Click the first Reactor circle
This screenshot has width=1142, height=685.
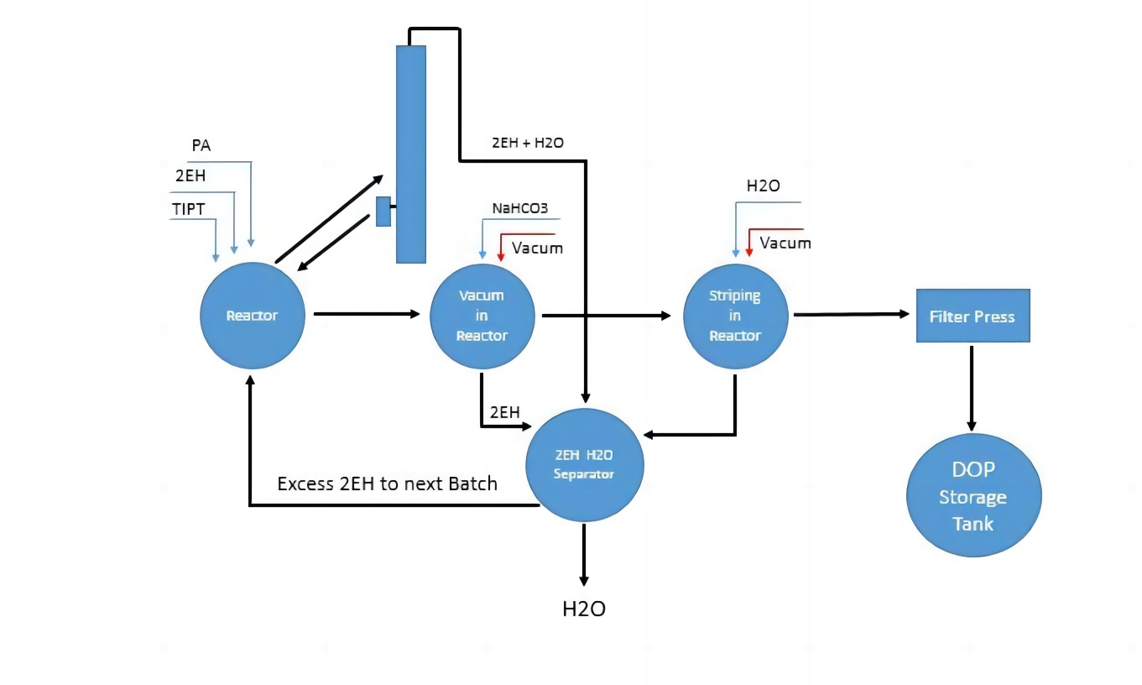[x=251, y=316]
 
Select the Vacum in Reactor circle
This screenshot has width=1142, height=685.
[x=482, y=316]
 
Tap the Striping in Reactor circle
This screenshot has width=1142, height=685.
[x=735, y=316]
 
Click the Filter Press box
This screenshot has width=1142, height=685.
[x=972, y=316]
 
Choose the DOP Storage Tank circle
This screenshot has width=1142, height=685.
[x=973, y=496]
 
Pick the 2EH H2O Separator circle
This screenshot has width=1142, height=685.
[x=584, y=464]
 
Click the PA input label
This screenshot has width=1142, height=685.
[x=201, y=146]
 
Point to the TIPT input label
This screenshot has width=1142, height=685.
[x=188, y=207]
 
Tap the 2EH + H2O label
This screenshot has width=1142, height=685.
[x=527, y=144]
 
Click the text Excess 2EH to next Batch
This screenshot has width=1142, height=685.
[x=387, y=484]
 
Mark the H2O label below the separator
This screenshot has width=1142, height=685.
[x=583, y=609]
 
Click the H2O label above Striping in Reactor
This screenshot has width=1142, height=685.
[x=763, y=186]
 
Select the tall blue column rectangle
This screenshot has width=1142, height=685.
[x=411, y=154]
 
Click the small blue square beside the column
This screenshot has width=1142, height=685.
[x=383, y=211]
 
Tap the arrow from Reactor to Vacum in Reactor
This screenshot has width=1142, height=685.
[x=366, y=314]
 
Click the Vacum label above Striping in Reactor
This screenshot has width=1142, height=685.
[x=785, y=243]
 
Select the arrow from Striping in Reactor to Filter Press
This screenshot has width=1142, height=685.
[x=851, y=315]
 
